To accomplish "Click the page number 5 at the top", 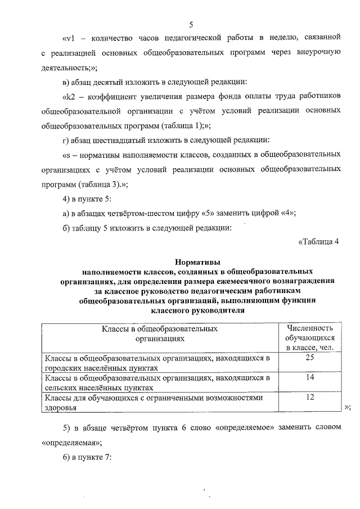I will [x=191, y=24].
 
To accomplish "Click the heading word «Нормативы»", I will [x=197, y=262].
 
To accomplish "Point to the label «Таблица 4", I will [x=319, y=242].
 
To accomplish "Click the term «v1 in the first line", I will [x=69, y=38].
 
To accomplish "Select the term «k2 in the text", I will [x=69, y=96].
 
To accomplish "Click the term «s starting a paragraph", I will [x=66, y=154].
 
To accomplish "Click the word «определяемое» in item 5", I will [x=245, y=427].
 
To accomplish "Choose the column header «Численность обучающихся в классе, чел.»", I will [x=309, y=337].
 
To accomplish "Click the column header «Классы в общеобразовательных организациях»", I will [x=159, y=333].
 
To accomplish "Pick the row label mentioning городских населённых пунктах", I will [x=157, y=362].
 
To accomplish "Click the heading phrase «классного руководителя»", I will [x=197, y=310].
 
